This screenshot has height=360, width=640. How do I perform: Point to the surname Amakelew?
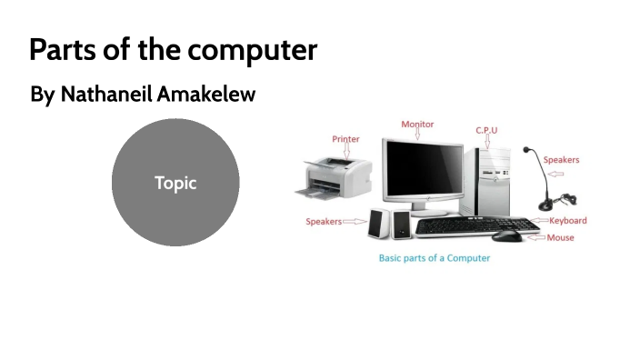pyautogui.click(x=205, y=94)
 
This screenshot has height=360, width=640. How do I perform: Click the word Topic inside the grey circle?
pyautogui.click(x=175, y=183)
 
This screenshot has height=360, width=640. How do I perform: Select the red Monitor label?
pyautogui.click(x=417, y=124)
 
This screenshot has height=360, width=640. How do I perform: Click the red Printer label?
pyautogui.click(x=345, y=139)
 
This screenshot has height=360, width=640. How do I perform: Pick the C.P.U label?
pyautogui.click(x=486, y=130)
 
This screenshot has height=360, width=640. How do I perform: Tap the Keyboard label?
pyautogui.click(x=568, y=220)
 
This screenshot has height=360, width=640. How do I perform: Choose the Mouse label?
pyautogui.click(x=560, y=237)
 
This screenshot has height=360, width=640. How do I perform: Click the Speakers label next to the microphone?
pyautogui.click(x=561, y=160)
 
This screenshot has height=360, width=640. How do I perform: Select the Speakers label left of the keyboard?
pyautogui.click(x=323, y=221)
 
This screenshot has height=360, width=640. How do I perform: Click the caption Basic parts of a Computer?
pyautogui.click(x=434, y=258)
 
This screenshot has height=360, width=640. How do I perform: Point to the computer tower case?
pyautogui.click(x=491, y=177)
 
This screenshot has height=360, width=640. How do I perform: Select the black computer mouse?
pyautogui.click(x=507, y=235)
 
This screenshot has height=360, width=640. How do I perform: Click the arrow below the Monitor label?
pyautogui.click(x=417, y=134)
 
